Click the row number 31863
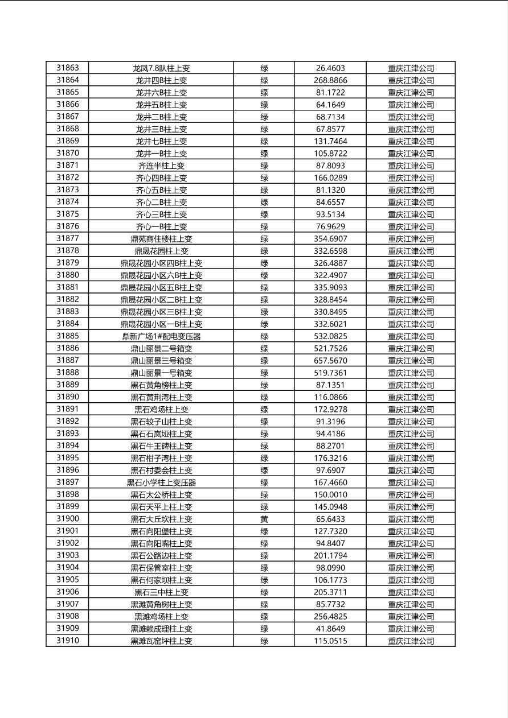point(67,68)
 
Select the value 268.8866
point(330,80)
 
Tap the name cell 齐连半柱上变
point(161,166)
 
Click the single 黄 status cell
point(264,519)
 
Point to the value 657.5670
point(330,361)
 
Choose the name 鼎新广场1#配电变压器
point(161,336)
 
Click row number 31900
point(67,519)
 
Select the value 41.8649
point(330,629)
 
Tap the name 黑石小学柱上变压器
point(161,482)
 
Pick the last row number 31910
point(67,641)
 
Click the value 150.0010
point(330,494)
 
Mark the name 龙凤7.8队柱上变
point(161,68)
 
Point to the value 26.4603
point(330,68)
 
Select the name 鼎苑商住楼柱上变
point(161,239)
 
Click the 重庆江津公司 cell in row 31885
point(411,336)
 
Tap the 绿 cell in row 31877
point(264,239)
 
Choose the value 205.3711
point(330,592)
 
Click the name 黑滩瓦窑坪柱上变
point(161,641)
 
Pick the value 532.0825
point(330,336)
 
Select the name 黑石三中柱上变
point(161,592)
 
